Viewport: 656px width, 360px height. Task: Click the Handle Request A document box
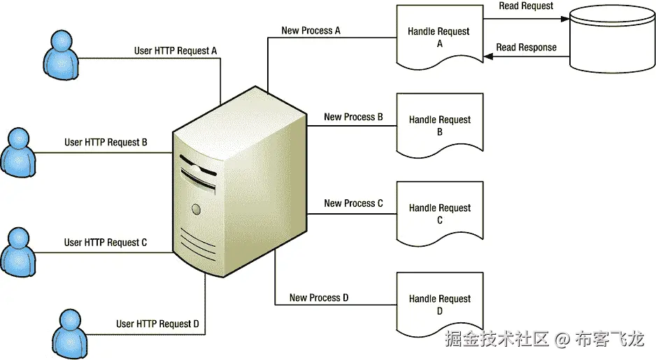(x=439, y=37)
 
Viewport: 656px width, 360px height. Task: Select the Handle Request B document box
(x=439, y=125)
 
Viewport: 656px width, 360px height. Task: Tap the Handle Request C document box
(x=439, y=213)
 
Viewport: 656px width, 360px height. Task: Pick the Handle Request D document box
(x=439, y=304)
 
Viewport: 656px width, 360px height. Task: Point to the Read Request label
(x=526, y=6)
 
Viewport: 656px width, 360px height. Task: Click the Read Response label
(x=526, y=48)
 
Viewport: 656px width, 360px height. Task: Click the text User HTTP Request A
(x=176, y=51)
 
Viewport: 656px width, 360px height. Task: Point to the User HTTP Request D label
(x=158, y=324)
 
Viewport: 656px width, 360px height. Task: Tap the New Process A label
(x=311, y=31)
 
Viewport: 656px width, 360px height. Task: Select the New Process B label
(x=353, y=117)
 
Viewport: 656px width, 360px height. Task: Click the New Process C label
(x=353, y=203)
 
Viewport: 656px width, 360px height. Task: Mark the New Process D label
(x=319, y=298)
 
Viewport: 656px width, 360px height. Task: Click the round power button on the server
(x=197, y=208)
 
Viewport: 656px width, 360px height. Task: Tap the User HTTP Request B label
(x=106, y=142)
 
